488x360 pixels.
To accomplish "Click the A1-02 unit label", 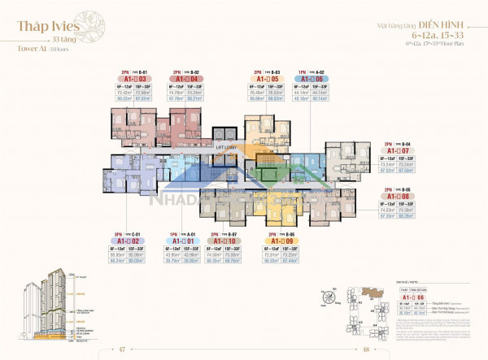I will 129,241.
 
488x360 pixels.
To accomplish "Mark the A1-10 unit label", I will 222,241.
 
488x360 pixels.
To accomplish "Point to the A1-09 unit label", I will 279,241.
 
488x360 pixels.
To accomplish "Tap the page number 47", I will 120,349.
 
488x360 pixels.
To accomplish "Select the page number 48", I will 367,349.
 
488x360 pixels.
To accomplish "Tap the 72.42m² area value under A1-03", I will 124,93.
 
